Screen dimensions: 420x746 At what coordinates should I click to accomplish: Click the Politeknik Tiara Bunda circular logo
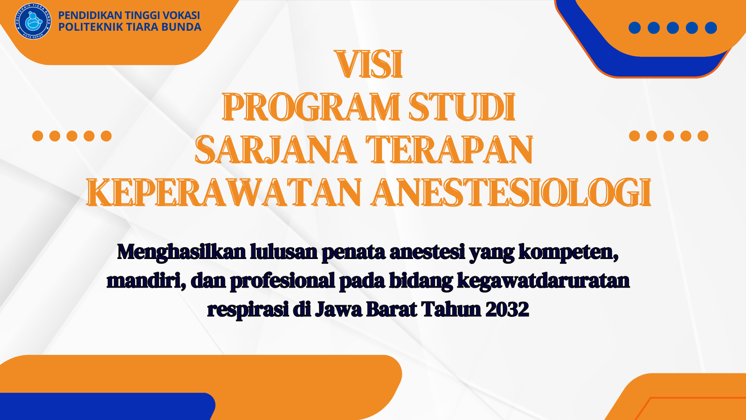click(33, 21)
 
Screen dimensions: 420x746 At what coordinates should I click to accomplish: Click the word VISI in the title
click(369, 65)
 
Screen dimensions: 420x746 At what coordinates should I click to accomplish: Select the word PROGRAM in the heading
click(311, 107)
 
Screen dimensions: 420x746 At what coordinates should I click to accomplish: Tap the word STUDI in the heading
click(462, 107)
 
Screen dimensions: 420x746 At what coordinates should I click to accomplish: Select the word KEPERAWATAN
click(224, 192)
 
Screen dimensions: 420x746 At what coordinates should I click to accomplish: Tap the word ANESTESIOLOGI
click(511, 192)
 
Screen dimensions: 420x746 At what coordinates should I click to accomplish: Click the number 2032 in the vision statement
click(507, 309)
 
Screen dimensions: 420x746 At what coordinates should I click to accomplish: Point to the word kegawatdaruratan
click(543, 280)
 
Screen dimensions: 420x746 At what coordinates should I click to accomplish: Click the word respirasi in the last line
click(248, 310)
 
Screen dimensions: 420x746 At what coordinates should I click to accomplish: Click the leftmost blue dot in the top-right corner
click(635, 28)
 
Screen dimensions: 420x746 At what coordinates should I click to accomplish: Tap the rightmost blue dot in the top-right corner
click(711, 28)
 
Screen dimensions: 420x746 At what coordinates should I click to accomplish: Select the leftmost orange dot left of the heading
click(38, 136)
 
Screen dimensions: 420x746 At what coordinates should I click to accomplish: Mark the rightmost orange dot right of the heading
click(703, 136)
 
